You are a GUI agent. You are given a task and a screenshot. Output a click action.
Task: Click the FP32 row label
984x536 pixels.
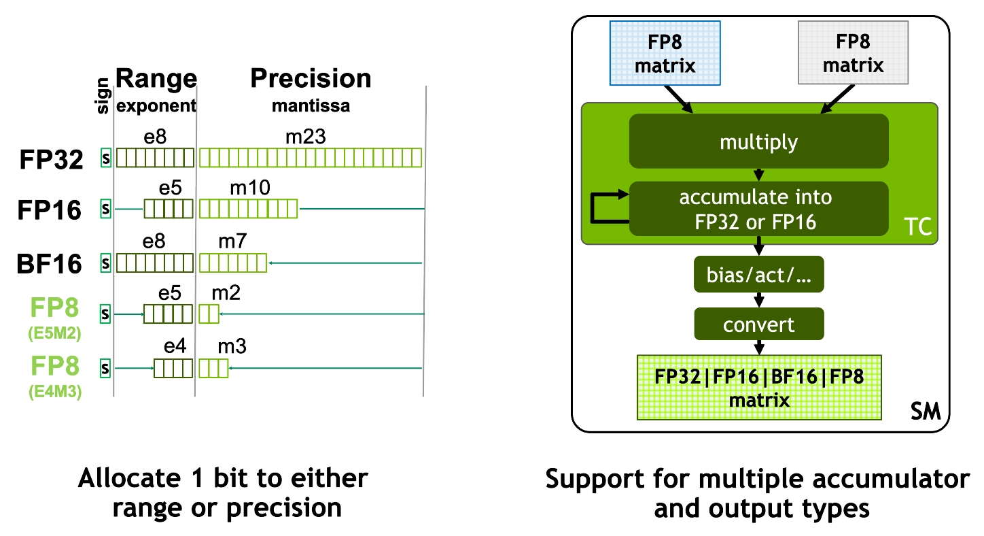tap(52, 159)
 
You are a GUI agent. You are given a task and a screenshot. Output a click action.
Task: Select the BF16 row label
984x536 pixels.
tap(50, 263)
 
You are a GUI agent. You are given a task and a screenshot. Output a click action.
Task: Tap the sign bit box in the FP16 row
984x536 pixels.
tap(105, 210)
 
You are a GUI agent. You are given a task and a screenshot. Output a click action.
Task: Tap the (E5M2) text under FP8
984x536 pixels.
tap(55, 334)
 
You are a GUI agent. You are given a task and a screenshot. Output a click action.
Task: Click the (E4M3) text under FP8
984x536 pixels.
tap(55, 392)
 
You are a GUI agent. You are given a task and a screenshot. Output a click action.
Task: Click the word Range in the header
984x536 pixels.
tap(156, 79)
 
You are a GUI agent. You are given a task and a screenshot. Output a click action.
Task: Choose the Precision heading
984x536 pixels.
tap(311, 79)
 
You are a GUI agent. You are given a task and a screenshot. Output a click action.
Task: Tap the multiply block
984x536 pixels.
tap(758, 141)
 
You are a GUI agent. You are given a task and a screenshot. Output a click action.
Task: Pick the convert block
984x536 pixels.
tap(758, 324)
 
